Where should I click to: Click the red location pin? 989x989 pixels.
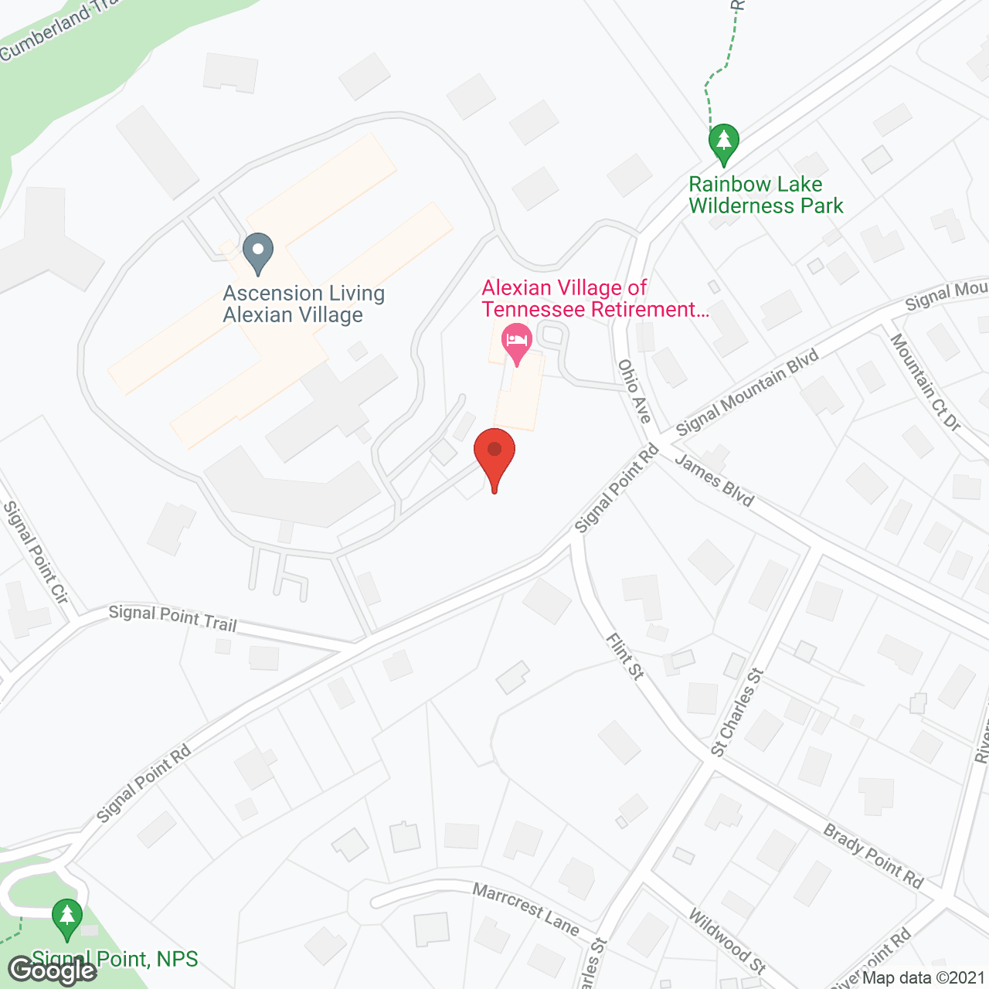(x=494, y=456)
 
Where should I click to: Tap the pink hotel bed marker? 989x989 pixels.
(x=517, y=342)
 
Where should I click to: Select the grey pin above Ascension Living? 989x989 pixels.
(x=258, y=252)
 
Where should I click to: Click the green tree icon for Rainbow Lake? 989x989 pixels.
(x=723, y=143)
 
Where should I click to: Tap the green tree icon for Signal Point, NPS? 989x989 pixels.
(x=67, y=918)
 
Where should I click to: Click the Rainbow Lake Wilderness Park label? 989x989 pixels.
(x=766, y=195)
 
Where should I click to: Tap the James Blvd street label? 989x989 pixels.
(x=714, y=480)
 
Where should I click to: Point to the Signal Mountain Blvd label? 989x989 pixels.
(x=747, y=393)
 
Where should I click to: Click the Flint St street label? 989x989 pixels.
(x=625, y=657)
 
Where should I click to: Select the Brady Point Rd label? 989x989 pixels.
(x=873, y=856)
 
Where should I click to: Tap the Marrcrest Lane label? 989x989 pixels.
(x=525, y=909)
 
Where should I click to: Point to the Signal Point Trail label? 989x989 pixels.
(x=172, y=618)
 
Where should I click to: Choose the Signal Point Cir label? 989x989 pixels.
(x=36, y=552)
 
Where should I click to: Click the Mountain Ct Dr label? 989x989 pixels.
(x=924, y=382)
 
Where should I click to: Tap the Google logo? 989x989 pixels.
(x=53, y=970)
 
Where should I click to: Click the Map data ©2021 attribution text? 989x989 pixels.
(x=923, y=978)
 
